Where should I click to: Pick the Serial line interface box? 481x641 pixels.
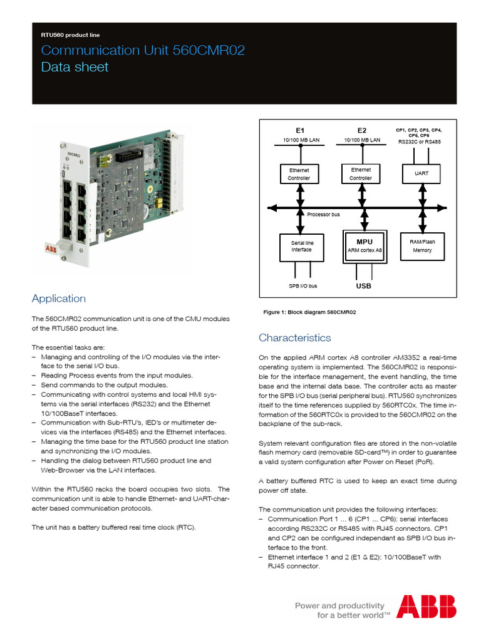[301, 246]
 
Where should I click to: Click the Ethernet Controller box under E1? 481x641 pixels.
[299, 174]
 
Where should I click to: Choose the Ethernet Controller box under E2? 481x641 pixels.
[361, 173]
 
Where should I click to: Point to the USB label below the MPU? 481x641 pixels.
[363, 286]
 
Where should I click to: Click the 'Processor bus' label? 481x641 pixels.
[323, 215]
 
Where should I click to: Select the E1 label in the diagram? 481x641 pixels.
[299, 130]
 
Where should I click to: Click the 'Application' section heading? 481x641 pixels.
[58, 299]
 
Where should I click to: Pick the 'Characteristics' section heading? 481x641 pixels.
[294, 338]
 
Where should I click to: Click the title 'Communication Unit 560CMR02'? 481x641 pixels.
[143, 51]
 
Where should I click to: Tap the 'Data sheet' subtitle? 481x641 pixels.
[75, 67]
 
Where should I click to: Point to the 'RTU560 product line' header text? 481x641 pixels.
[70, 36]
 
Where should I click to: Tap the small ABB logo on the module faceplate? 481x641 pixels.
[50, 249]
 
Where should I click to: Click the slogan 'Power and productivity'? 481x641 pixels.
[339, 605]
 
